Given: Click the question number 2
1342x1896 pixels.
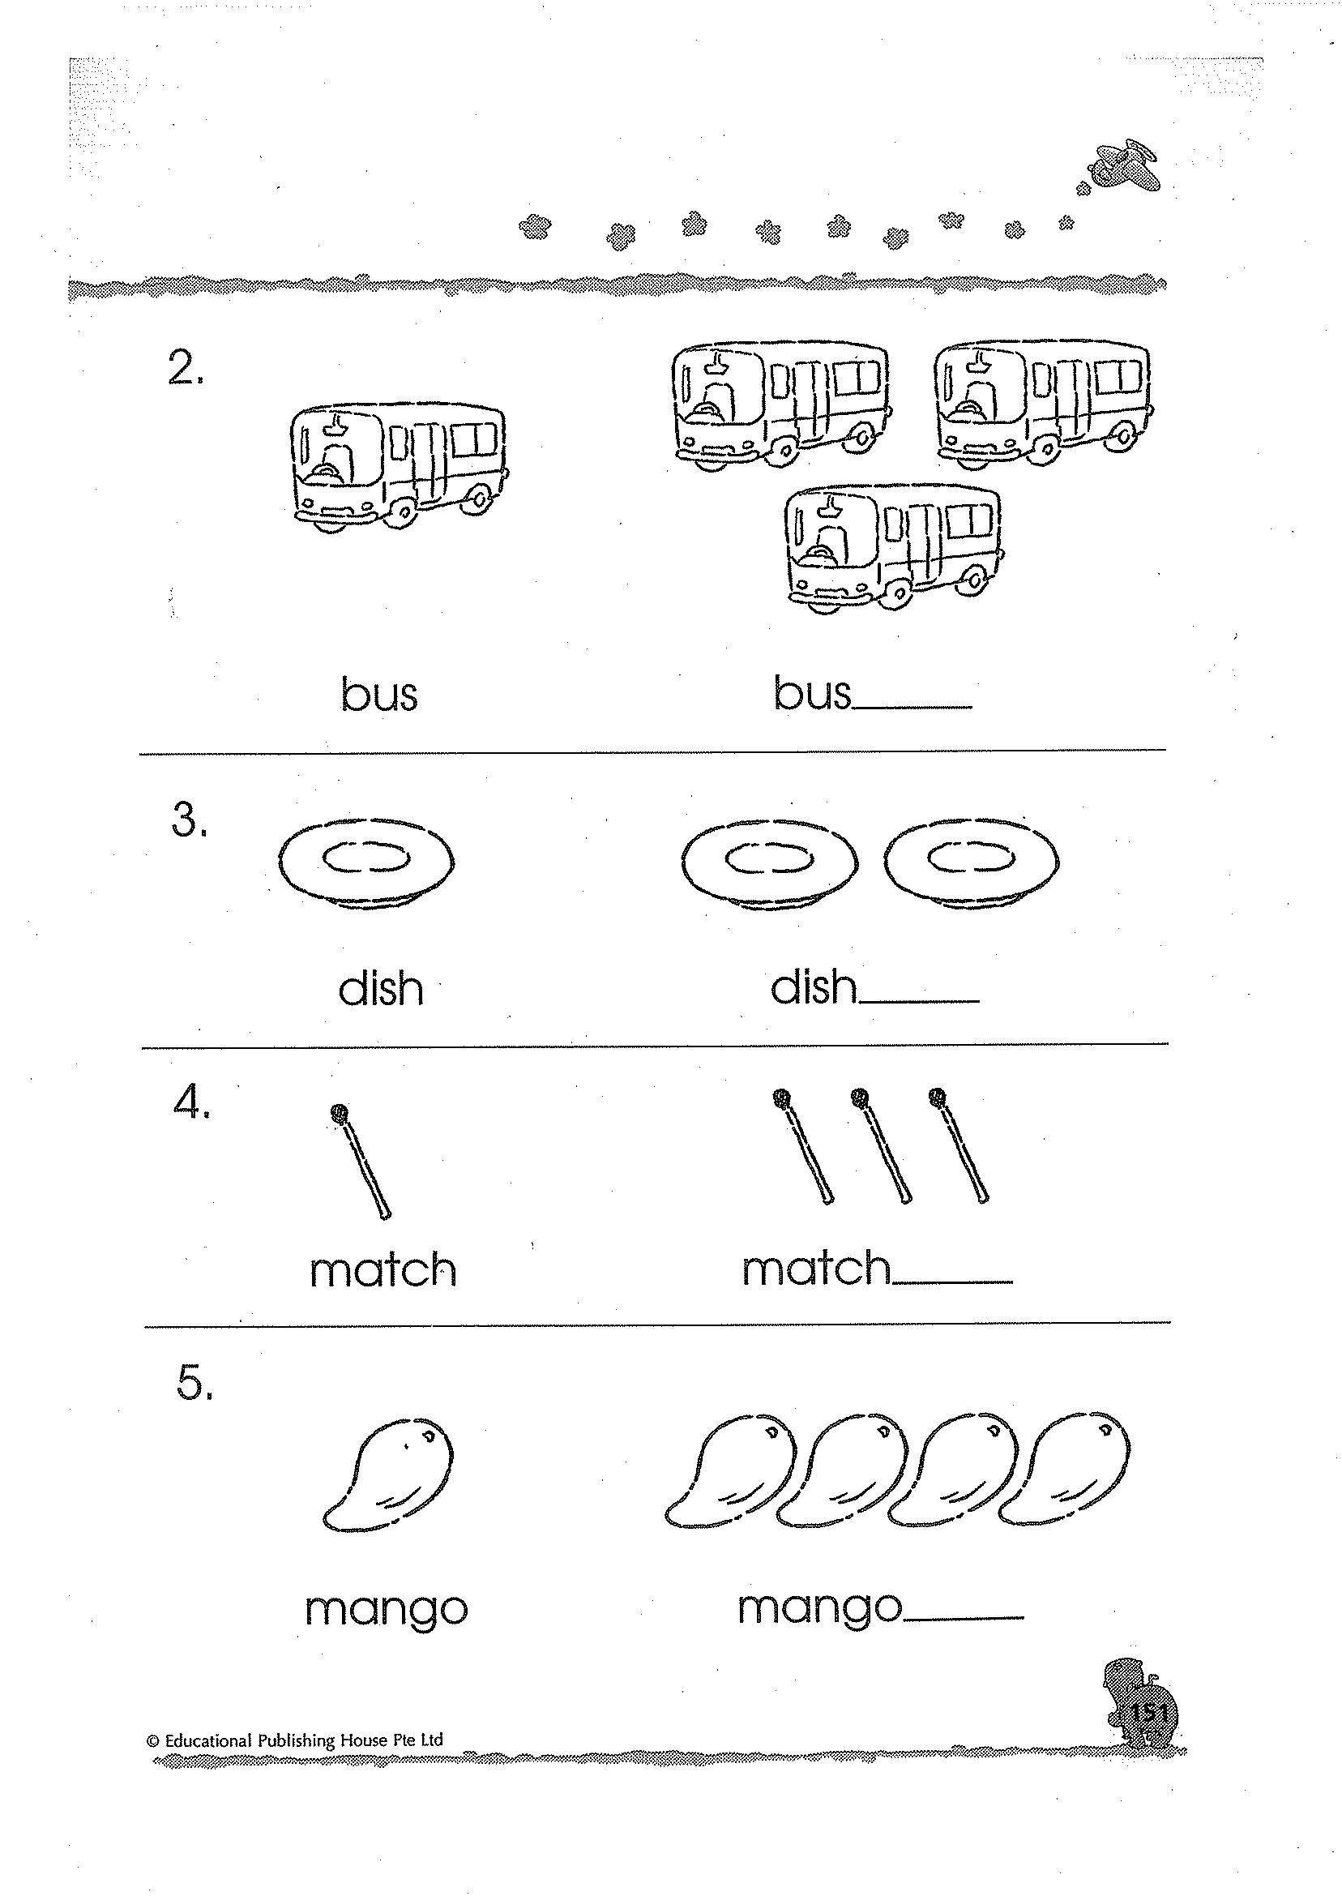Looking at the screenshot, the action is tap(185, 368).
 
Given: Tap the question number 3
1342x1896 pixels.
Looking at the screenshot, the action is tap(188, 820).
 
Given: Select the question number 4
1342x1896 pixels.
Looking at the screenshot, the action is tap(191, 1102).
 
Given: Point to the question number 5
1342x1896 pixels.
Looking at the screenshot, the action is tap(194, 1381).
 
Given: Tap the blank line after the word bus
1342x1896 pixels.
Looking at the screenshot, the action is tap(913, 707).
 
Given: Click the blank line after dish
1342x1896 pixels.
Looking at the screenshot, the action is tap(919, 1001).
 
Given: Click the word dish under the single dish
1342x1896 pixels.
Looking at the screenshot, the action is tap(381, 988).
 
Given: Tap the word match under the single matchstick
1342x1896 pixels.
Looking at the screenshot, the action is tap(383, 1271).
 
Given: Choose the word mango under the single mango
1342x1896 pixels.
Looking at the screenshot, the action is tap(386, 1609).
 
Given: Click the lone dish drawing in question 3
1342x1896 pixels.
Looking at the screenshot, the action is tap(366, 862).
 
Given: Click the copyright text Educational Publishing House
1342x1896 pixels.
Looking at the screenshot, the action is tap(295, 1740).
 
